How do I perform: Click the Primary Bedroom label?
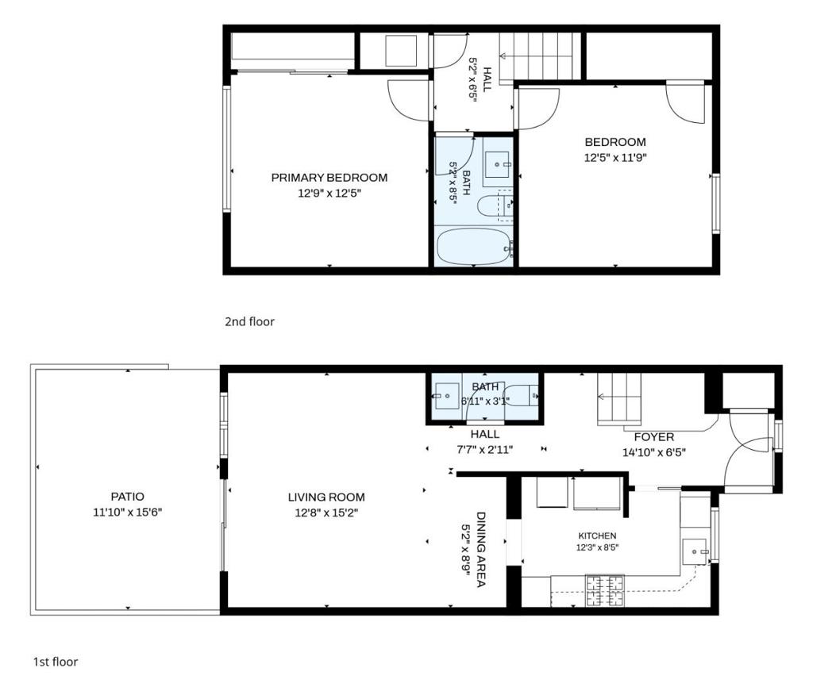[329, 178]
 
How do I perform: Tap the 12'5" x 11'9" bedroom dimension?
[615, 158]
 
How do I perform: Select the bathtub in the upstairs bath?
[474, 247]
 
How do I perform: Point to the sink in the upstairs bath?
[498, 164]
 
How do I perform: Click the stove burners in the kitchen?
[604, 590]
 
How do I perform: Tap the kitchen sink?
[695, 551]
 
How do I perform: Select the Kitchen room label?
[597, 536]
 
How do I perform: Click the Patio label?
[128, 497]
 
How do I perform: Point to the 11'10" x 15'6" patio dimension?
[128, 513]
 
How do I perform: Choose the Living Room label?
[326, 497]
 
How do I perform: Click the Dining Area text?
[480, 549]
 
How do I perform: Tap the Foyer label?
[654, 437]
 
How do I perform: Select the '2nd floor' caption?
[249, 321]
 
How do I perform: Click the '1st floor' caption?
[56, 662]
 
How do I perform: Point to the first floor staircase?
[619, 399]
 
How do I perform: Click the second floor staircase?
[540, 56]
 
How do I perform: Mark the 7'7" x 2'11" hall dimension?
[485, 450]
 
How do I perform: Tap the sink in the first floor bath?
[446, 397]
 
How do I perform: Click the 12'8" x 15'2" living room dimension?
[326, 513]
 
